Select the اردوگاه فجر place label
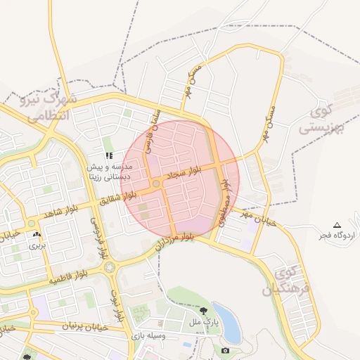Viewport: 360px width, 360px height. pos(337,235)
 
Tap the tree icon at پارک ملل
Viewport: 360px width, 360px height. pos(203,310)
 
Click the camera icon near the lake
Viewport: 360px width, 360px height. pos(225,350)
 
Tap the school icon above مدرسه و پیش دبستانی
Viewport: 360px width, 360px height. pos(109,155)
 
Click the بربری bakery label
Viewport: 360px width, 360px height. pos(36,246)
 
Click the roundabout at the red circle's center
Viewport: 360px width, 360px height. pos(155,184)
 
